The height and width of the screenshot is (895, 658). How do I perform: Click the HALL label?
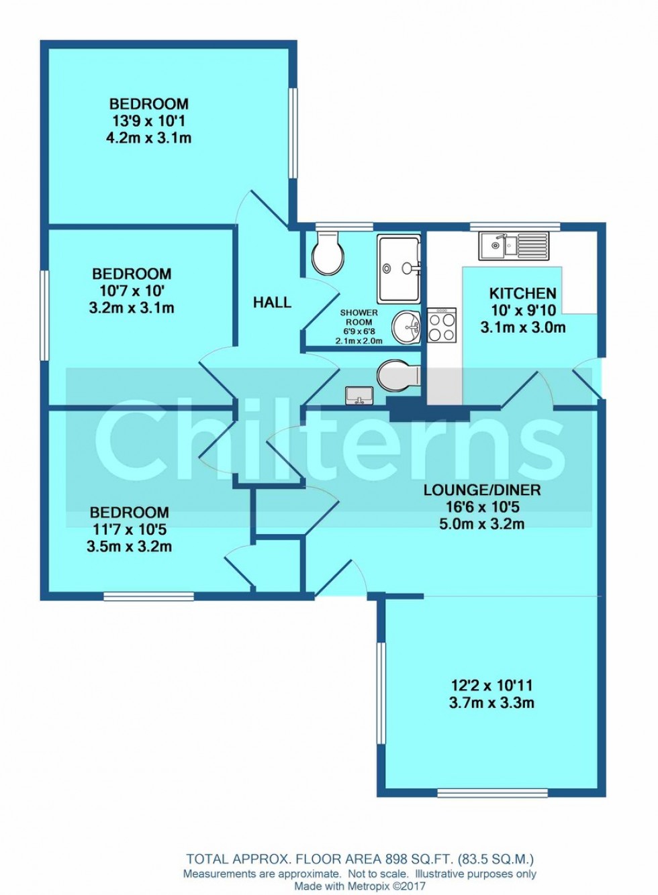(272, 303)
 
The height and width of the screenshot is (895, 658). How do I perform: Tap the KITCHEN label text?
(522, 294)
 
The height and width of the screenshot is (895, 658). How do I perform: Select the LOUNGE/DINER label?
(482, 490)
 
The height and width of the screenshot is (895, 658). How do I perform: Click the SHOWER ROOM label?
(359, 317)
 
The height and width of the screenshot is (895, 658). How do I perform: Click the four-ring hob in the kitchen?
(442, 325)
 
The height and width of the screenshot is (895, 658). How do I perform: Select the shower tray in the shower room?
(399, 268)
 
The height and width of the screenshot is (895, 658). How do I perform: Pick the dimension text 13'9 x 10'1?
(148, 121)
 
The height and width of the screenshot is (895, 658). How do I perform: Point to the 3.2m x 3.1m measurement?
(131, 309)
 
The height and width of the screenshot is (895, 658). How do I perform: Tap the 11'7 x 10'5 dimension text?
(129, 530)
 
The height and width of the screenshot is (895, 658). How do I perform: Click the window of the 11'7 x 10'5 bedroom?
(148, 596)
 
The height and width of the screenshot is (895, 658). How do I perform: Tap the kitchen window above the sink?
(515, 227)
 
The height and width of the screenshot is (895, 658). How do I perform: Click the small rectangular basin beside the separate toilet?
(359, 395)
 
